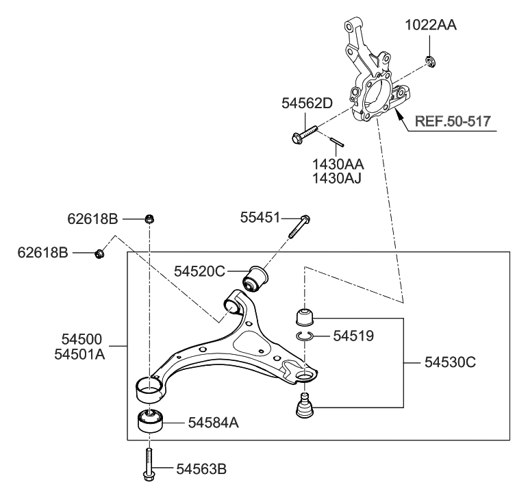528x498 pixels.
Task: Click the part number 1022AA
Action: (430, 27)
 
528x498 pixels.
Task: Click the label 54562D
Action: (307, 104)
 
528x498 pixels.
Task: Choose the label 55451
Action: (260, 218)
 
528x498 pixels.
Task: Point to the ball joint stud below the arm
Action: (303, 407)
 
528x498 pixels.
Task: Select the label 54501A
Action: (81, 355)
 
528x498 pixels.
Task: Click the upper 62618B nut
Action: (149, 219)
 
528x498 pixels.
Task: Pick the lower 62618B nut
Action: (99, 254)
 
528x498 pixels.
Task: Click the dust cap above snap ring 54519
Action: (303, 316)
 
